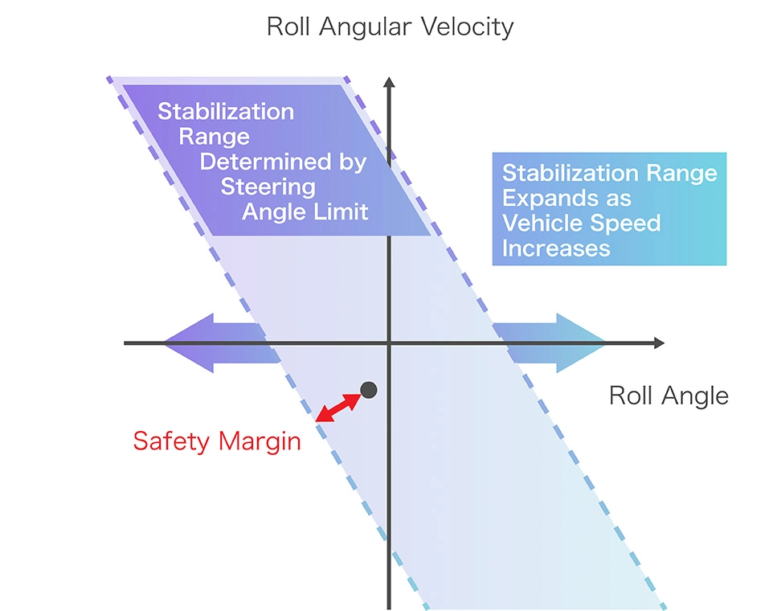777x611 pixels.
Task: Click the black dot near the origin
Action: point(369,390)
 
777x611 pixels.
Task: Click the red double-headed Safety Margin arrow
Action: point(337,408)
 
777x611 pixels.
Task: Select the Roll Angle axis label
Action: point(669,396)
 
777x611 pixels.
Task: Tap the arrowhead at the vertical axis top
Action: point(389,83)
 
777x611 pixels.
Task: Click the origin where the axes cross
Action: point(389,343)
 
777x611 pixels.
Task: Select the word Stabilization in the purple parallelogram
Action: point(226,112)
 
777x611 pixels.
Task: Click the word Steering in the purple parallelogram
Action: point(268,187)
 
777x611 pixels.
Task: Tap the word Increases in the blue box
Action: point(556,248)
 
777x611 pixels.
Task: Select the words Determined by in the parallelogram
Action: point(283,162)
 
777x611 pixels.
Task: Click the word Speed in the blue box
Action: point(628,223)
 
